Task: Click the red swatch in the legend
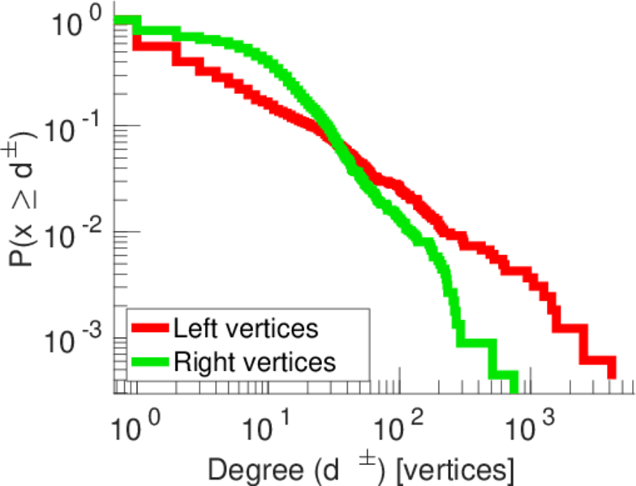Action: point(150,330)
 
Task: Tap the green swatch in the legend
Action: point(150,361)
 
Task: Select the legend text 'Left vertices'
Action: point(245,329)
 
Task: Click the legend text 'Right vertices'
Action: point(254,361)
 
